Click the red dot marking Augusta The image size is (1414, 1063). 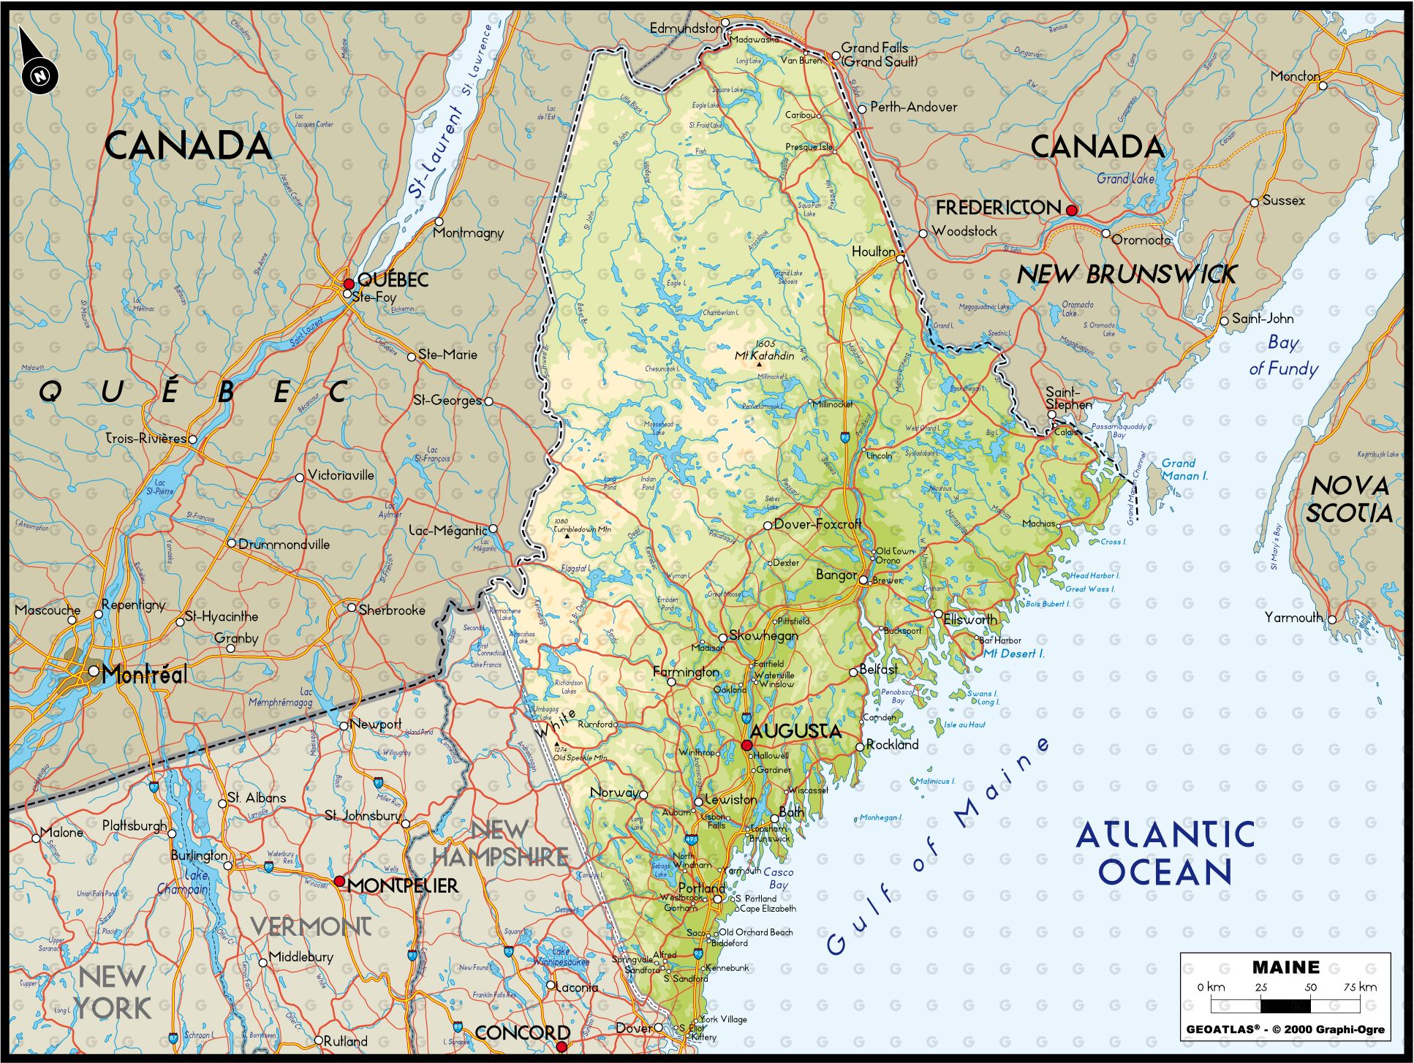coord(746,745)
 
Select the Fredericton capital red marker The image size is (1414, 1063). coord(1071,211)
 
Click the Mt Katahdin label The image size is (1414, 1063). coord(765,355)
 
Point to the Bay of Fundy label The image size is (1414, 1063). coord(1283,356)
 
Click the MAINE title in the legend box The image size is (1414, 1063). coord(1285,967)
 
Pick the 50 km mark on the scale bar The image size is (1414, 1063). coord(1310,987)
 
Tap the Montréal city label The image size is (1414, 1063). coord(145,674)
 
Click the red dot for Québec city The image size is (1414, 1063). coord(349,283)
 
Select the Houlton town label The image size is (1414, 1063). coord(873,251)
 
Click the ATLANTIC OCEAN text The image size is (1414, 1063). coord(1165,853)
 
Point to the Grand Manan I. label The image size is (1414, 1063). coord(1184,469)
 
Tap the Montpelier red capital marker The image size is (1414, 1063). coord(339,881)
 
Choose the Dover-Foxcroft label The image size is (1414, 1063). coord(817,524)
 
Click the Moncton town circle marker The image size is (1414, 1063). coord(1323,86)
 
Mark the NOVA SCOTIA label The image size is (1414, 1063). coord(1349,499)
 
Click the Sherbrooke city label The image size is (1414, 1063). coord(391,610)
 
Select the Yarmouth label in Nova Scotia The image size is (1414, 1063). coord(1294,618)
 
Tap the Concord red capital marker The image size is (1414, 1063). coord(561,1046)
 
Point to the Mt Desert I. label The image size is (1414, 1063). coord(1013,654)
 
